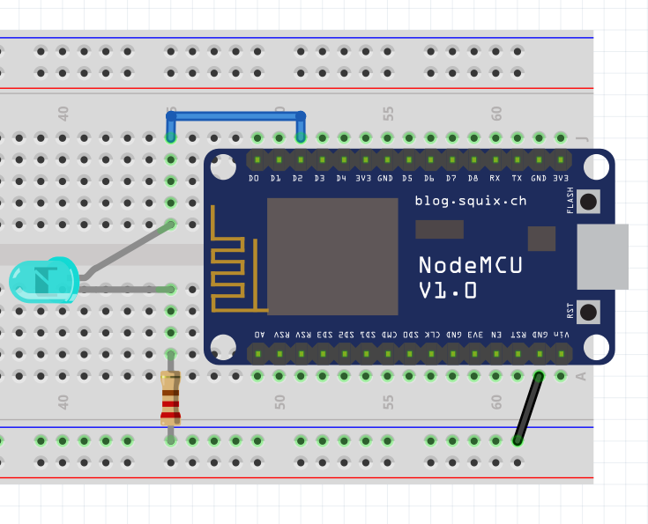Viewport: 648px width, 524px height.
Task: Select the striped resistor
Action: pos(170,398)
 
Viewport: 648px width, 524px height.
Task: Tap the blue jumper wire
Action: pos(235,115)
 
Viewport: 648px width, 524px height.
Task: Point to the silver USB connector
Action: pos(602,256)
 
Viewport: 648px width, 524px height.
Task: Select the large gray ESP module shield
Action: pos(332,256)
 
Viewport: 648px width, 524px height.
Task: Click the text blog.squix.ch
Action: pos(471,201)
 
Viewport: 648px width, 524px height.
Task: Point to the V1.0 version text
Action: pos(448,291)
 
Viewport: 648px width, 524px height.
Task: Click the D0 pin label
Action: pos(255,179)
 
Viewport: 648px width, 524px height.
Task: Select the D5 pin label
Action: pos(407,179)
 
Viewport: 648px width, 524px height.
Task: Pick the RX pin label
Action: pos(495,179)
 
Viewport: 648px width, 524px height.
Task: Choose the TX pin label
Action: pos(517,179)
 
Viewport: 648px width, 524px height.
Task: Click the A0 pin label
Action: pos(259,336)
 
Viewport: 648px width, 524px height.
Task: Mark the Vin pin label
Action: pos(562,336)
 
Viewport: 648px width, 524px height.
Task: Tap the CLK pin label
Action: pos(432,336)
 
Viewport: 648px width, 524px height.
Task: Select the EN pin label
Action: pos(496,336)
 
